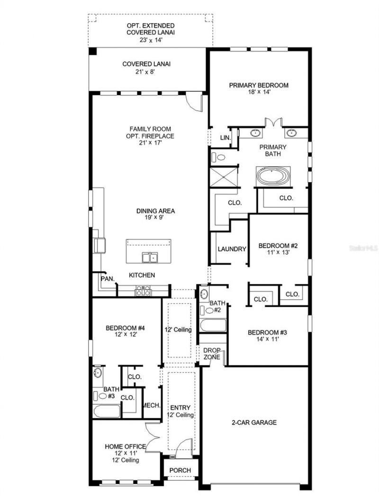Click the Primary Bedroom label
pyautogui.click(x=259, y=85)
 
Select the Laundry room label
pyautogui.click(x=232, y=249)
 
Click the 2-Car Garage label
pyautogui.click(x=254, y=422)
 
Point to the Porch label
pyautogui.click(x=180, y=470)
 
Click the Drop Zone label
pyautogui.click(x=211, y=354)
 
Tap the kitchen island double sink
pyautogui.click(x=150, y=257)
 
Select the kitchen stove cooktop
pyautogui.click(x=143, y=291)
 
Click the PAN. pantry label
pyautogui.click(x=108, y=279)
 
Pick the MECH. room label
pyautogui.click(x=152, y=406)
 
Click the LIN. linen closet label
pyautogui.click(x=225, y=137)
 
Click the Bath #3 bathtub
pyautogui.click(x=107, y=411)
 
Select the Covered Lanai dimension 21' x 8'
pyautogui.click(x=146, y=72)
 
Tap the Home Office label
pyautogui.click(x=125, y=446)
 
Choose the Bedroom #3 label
pyautogui.click(x=267, y=332)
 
